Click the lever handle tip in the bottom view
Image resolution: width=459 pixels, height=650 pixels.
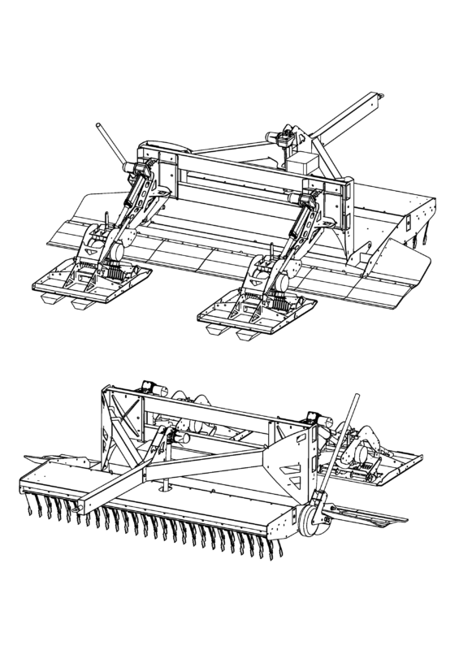coord(355,398)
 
